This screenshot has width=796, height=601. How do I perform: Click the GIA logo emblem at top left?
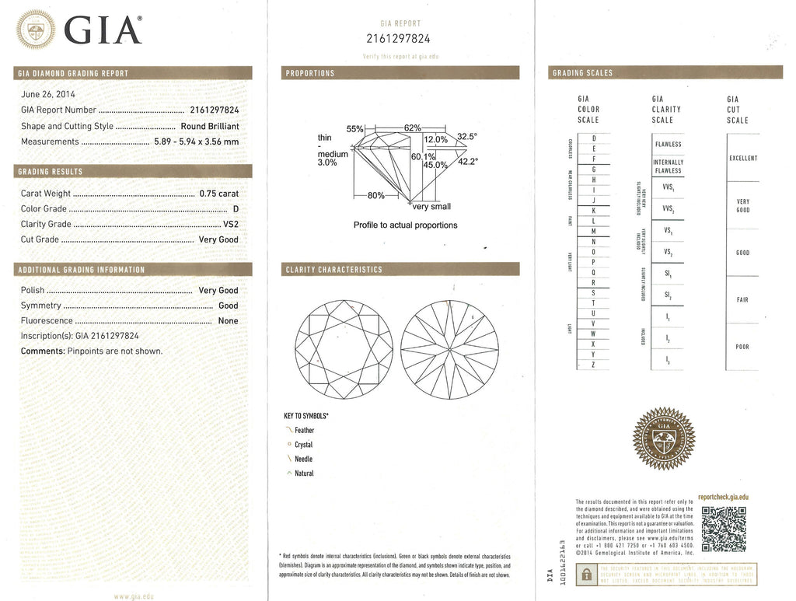coord(36,29)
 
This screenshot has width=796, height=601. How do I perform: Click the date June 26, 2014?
coord(48,94)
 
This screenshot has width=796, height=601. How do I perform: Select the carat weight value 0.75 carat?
coord(218,194)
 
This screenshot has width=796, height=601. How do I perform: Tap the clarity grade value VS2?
coord(230,224)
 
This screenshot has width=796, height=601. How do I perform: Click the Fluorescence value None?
coord(228,320)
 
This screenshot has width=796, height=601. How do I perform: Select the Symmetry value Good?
coord(228,306)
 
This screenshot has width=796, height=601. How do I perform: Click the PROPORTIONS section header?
coord(310,73)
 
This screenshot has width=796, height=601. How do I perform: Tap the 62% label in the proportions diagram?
coord(413,128)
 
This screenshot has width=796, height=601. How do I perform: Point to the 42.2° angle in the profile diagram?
coord(467,161)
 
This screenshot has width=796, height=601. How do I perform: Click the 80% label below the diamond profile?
coord(375,195)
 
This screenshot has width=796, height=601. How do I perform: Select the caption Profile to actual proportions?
coord(405,225)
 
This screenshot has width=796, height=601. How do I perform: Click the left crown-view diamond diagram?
coord(340,347)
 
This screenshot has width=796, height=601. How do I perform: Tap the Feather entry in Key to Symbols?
coord(304,430)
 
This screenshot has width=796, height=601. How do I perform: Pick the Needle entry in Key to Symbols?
coord(303,459)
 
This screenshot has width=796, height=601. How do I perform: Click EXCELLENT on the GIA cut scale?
coord(742,158)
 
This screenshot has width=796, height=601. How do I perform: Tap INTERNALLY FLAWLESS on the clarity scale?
coord(667,166)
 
